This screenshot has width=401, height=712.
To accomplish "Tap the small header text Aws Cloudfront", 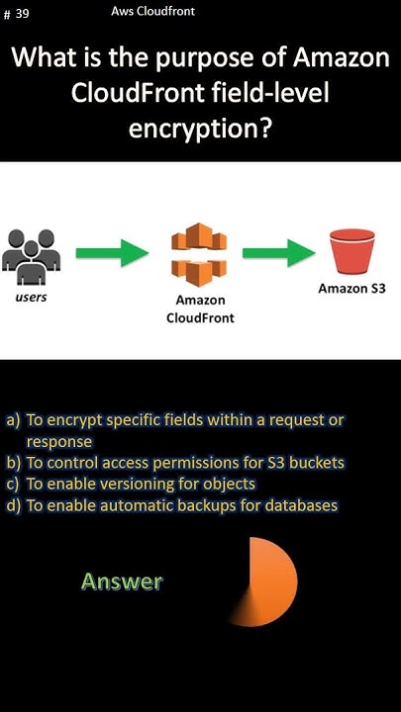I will point(153,12).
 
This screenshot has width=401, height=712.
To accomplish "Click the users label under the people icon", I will point(31,297).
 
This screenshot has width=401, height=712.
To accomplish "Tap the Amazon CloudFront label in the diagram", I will point(200,309).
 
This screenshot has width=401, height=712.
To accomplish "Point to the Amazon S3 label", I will point(351,290).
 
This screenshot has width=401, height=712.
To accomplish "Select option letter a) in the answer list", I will point(13,420).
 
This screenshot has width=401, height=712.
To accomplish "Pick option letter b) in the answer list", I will point(13,463).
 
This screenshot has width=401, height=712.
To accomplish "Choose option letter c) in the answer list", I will point(13,484).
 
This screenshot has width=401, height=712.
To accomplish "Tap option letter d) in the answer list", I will point(13,505).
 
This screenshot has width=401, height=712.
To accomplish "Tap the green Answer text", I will point(122,581).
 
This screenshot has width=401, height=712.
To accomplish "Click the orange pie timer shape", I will point(267,580).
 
